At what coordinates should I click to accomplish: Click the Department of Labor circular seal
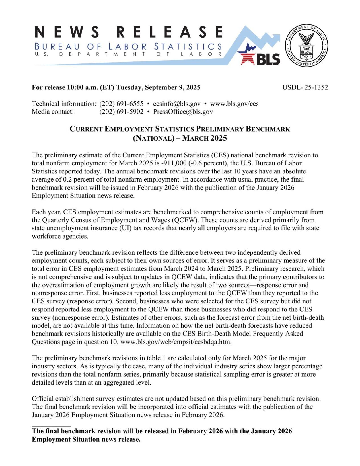pyautogui.click(x=306, y=46)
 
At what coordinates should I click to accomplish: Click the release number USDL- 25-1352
pyautogui.click(x=305, y=87)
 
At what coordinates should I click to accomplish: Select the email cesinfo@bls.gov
pyautogui.click(x=177, y=104)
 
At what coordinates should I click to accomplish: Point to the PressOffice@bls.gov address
pyautogui.click(x=183, y=112)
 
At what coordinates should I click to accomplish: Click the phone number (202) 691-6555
pyautogui.click(x=121, y=104)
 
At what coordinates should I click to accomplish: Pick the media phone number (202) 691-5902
pyautogui.click(x=121, y=112)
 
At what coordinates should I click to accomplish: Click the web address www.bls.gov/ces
pyautogui.click(x=234, y=104)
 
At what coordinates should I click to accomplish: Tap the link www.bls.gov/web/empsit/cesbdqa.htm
pyautogui.click(x=176, y=342)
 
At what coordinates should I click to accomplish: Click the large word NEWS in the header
pyautogui.click(x=67, y=32)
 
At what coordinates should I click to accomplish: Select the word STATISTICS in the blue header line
pyautogui.click(x=188, y=46)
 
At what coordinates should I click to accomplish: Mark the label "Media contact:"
pyautogui.click(x=53, y=112)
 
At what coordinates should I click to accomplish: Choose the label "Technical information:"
pyautogui.click(x=64, y=104)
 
